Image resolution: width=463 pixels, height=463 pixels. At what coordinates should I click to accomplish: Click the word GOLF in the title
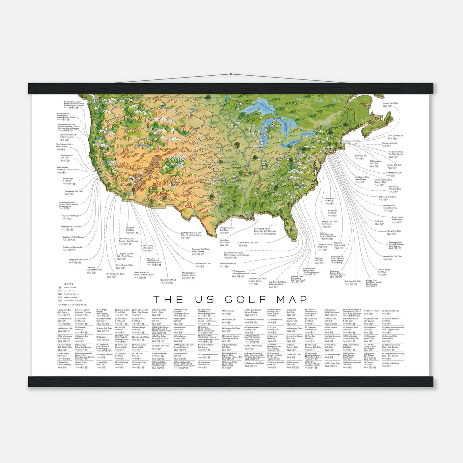pyautogui.click(x=245, y=300)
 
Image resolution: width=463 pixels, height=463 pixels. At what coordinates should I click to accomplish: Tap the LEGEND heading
pyautogui.click(x=69, y=284)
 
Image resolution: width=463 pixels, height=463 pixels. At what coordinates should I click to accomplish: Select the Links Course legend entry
pyautogui.click(x=70, y=291)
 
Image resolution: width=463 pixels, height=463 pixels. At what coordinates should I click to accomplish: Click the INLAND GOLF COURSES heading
pyautogui.click(x=72, y=305)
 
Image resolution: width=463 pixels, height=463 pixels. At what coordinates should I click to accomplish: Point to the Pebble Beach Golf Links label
pyautogui.click(x=71, y=227)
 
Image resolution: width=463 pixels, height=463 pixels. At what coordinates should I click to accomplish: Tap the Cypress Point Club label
pyautogui.click(x=70, y=216)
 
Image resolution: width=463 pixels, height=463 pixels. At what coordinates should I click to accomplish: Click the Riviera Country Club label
pyautogui.click(x=124, y=265)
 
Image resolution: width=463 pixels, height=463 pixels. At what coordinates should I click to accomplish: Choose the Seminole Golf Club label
pyautogui.click(x=228, y=264)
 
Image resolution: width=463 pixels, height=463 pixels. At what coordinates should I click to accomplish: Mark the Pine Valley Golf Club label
pyautogui.click(x=332, y=212)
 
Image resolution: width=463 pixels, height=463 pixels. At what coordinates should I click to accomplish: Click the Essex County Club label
pyautogui.click(x=395, y=136)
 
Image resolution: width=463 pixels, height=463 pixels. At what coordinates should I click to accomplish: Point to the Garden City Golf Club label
pyautogui.click(x=392, y=256)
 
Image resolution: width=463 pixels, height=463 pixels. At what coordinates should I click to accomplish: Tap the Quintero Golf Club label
pyautogui.click(x=168, y=280)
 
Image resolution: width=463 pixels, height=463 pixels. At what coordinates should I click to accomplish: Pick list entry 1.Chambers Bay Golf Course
pyautogui.click(x=64, y=311)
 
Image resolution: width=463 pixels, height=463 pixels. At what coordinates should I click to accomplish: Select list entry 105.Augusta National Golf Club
pyautogui.click(x=352, y=363)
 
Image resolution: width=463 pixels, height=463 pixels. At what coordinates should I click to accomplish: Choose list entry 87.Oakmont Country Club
pyautogui.click(x=310, y=328)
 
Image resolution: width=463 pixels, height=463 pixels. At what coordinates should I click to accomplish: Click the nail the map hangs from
pyautogui.click(x=231, y=74)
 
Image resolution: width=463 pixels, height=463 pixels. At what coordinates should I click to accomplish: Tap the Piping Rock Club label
pyautogui.click(x=393, y=231)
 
